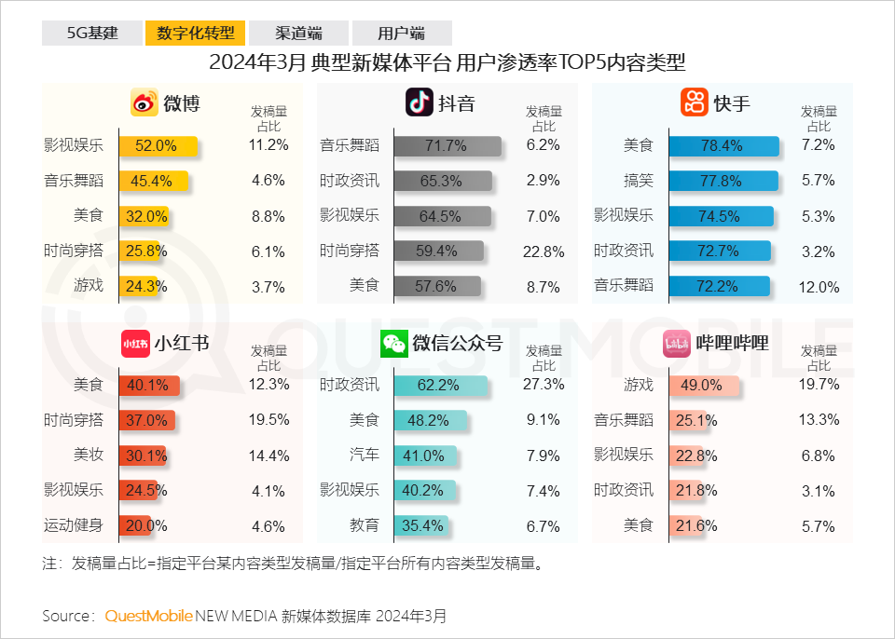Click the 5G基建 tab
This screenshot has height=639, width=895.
92,34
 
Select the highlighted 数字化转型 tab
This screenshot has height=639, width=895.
195,34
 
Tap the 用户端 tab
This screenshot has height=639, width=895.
402,34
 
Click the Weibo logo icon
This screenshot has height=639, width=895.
145,102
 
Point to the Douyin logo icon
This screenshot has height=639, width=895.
420,102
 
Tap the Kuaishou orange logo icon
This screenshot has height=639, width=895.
695,102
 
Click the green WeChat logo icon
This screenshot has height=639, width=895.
393,344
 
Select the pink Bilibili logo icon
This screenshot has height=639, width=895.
676,344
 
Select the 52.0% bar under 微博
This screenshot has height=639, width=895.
158,145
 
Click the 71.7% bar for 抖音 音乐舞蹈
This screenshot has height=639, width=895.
447,145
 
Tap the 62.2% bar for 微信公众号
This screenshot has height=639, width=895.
440,384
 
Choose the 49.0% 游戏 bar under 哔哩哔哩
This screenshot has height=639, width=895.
704,384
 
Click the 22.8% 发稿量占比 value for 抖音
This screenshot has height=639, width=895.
544,252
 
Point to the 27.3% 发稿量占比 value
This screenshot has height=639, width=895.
544,384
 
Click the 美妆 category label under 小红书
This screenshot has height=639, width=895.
89,455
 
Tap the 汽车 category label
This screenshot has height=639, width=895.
365,455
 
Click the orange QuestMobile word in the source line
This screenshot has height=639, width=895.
148,616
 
